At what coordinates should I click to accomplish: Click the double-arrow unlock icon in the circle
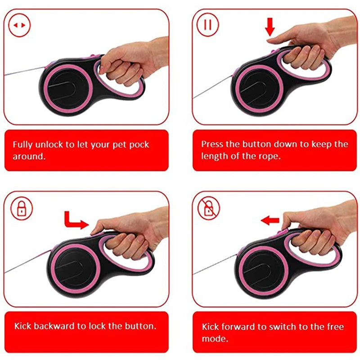(x=19, y=25)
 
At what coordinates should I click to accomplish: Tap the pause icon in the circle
(x=207, y=24)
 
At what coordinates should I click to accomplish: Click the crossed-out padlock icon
(x=208, y=208)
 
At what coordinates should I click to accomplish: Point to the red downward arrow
(x=270, y=27)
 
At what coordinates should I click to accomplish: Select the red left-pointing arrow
(x=270, y=220)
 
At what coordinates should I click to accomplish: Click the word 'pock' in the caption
(x=139, y=145)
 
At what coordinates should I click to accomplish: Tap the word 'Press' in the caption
(x=212, y=144)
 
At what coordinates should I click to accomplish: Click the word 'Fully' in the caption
(x=22, y=145)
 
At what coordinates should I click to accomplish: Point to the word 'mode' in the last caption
(x=214, y=338)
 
